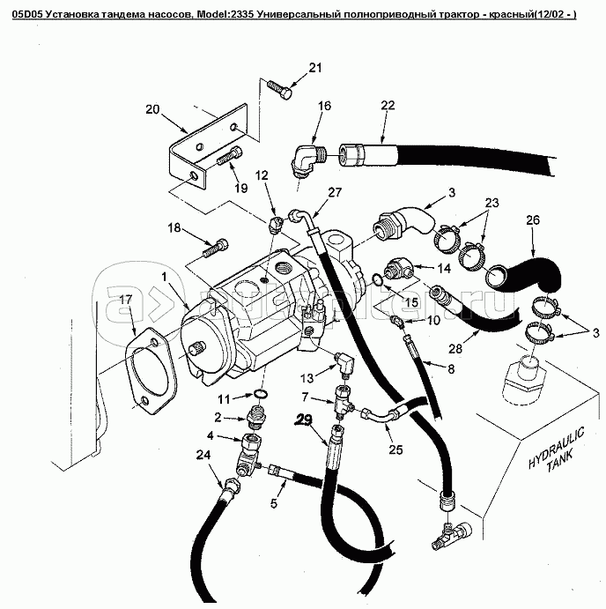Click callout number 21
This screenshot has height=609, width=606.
tap(315, 69)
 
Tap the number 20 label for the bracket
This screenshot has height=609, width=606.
tap(152, 110)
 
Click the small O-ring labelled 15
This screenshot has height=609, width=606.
tap(378, 280)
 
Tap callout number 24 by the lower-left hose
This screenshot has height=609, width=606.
tap(203, 455)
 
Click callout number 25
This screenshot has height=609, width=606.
tap(395, 449)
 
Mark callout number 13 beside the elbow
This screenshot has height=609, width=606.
tap(307, 353)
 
